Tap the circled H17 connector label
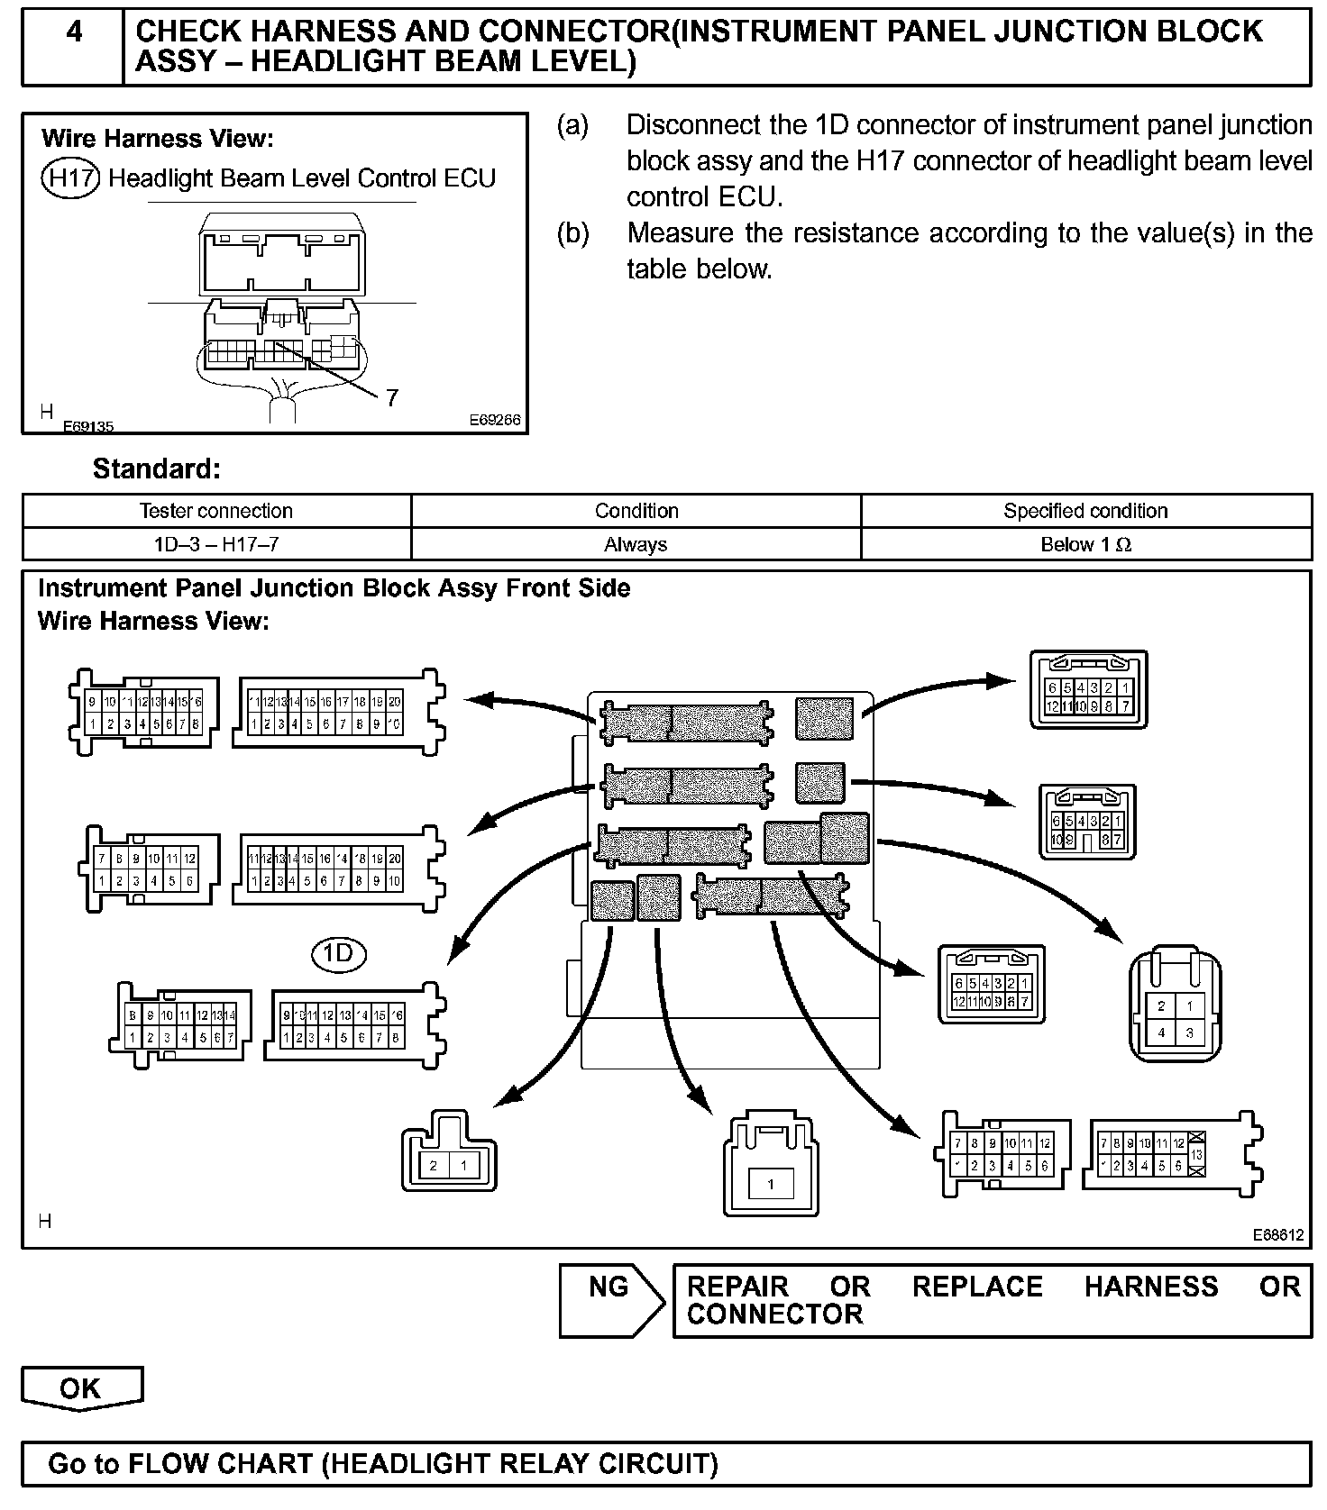click(x=70, y=178)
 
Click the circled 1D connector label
click(x=338, y=953)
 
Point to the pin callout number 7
click(x=391, y=397)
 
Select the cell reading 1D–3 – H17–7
click(x=216, y=544)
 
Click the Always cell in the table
click(x=636, y=544)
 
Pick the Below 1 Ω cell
click(x=1085, y=544)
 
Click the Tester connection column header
click(x=216, y=511)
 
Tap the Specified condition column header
click(x=1085, y=511)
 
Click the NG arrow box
click(x=609, y=1300)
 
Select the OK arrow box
click(x=81, y=1388)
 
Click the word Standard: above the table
click(x=156, y=468)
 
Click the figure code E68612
click(x=1277, y=1235)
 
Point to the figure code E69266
click(x=494, y=421)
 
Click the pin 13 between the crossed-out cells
click(x=1196, y=1154)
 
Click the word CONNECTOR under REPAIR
click(x=774, y=1314)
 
